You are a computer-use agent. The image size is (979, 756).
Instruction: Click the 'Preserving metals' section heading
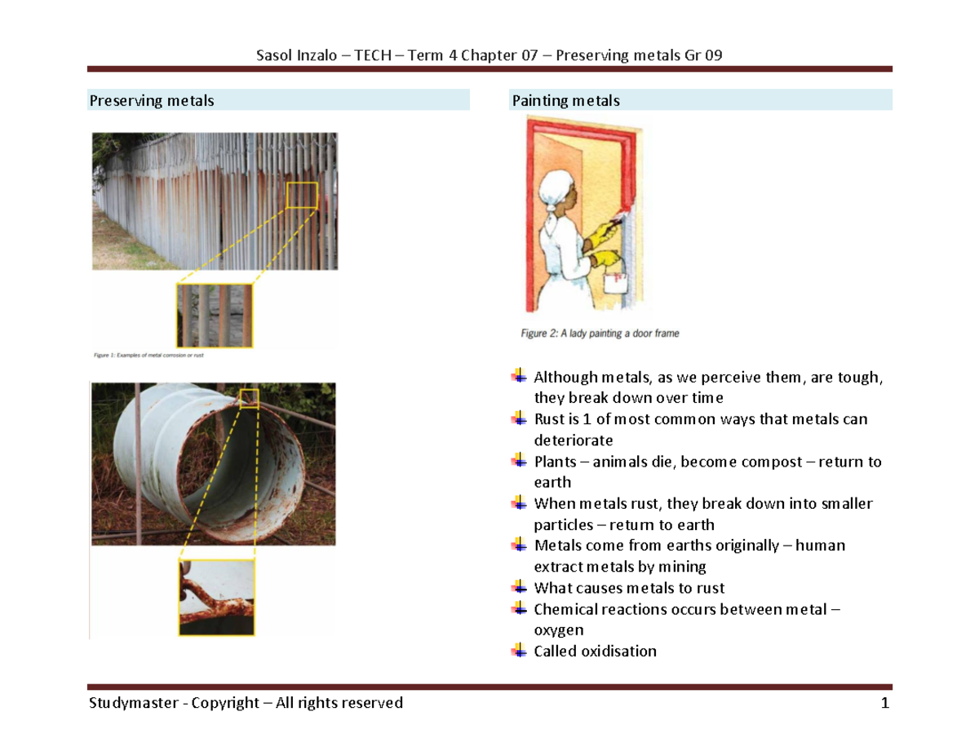(152, 100)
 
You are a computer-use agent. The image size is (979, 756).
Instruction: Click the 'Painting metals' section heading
(565, 100)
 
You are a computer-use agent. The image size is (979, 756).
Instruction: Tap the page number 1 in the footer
(884, 703)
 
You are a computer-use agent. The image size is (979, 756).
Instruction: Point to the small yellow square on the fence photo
(302, 195)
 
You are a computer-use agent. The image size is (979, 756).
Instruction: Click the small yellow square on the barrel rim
(250, 397)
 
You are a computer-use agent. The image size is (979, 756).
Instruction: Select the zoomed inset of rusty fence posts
(215, 315)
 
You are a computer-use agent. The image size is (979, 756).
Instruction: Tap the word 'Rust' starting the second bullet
(549, 419)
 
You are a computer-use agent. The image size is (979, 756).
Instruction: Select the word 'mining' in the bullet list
(684, 567)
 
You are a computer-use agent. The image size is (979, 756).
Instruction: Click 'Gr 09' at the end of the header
(703, 55)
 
